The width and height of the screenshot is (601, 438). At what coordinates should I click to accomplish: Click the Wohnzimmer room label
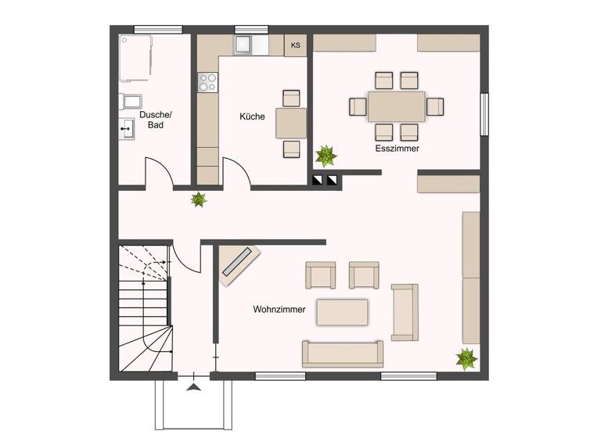tap(279, 309)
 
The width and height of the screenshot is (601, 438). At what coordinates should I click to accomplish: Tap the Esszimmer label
tap(397, 148)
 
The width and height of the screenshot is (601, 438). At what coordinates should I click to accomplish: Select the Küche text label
tap(252, 117)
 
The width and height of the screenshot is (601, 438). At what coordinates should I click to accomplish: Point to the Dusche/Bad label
tap(155, 120)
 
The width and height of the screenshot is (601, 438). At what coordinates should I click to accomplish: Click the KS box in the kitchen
tap(295, 45)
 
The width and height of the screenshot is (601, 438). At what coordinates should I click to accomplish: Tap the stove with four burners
tap(207, 81)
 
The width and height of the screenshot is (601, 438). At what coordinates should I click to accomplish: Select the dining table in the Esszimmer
tap(397, 106)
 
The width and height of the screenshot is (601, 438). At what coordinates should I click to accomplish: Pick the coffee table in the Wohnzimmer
tap(342, 312)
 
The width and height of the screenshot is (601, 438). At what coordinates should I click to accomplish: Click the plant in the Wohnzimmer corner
tap(466, 358)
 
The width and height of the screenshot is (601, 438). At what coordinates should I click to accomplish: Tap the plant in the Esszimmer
tap(326, 156)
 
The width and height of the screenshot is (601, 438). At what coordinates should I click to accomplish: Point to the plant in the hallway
tap(199, 199)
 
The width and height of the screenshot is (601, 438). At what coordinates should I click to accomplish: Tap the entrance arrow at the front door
tap(193, 385)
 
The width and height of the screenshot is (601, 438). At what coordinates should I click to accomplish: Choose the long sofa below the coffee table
tap(342, 354)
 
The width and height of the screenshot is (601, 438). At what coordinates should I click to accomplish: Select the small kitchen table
tap(290, 123)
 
